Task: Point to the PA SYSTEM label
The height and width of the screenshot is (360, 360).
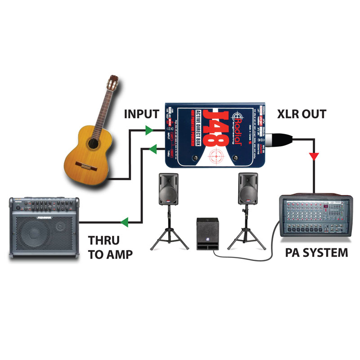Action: pyautogui.click(x=317, y=252)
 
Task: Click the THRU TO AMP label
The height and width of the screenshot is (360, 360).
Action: pyautogui.click(x=110, y=247)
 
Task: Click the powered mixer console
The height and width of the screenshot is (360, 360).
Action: pyautogui.click(x=315, y=216)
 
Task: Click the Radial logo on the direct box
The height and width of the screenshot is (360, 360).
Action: pyautogui.click(x=237, y=130)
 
